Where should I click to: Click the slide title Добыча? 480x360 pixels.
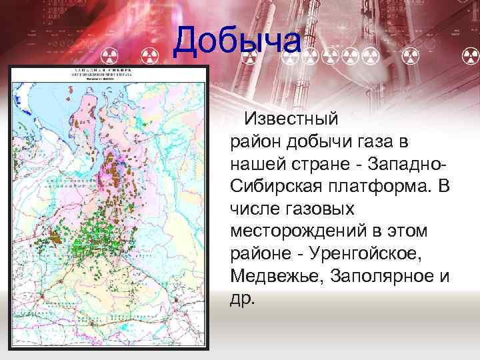pos(237,42)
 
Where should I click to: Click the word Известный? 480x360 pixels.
pos(291,119)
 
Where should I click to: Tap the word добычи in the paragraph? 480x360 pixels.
pos(329,142)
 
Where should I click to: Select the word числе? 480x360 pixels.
pos(253,209)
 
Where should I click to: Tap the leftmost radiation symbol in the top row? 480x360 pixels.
pos(107,52)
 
